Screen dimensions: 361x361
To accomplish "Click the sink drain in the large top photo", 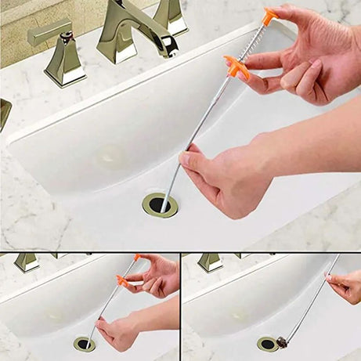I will (160, 205).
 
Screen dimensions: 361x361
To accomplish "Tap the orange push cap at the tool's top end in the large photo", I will (269, 16).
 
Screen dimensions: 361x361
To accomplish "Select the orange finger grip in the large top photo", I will (236, 68).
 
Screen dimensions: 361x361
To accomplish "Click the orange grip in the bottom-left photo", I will (124, 281).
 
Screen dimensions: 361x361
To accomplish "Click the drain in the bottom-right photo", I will (267, 343).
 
